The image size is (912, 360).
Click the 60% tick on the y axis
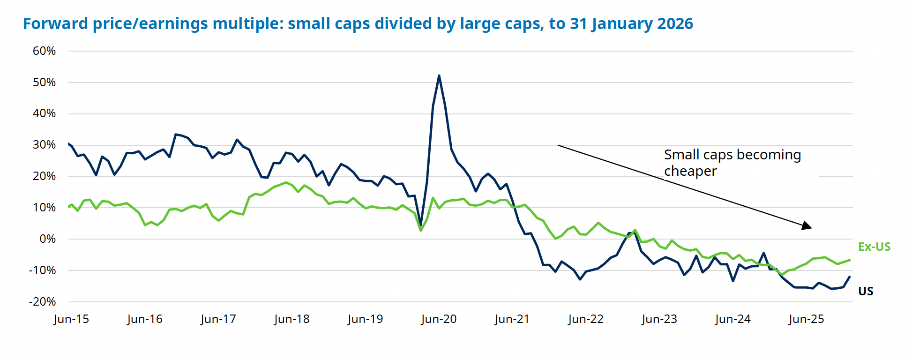44,51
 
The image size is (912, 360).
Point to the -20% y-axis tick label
42,302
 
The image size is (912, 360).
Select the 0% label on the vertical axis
47,239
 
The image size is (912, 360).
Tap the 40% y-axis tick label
44,113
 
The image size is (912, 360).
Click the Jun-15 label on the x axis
71,319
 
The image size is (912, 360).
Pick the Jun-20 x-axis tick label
439,319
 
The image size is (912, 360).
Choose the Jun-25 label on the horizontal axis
806,319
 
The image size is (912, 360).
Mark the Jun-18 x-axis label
292,319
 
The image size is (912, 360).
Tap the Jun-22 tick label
586,319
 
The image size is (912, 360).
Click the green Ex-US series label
874,247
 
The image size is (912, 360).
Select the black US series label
866,292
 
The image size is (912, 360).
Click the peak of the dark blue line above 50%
439,75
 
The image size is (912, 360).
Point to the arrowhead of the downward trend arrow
807,226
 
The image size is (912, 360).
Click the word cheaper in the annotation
690,171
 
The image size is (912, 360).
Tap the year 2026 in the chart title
675,23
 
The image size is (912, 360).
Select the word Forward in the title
55,23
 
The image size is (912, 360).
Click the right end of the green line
850,260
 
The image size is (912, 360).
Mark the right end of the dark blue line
850,277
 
